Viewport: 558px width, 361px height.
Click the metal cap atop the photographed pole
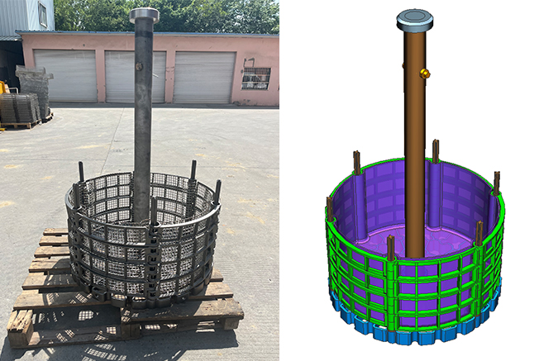(144, 14)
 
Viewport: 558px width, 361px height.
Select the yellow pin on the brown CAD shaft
(425, 74)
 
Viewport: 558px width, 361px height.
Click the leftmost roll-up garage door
(64, 75)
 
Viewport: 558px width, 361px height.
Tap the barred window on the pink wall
(255, 78)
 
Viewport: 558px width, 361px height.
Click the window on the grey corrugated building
(42, 14)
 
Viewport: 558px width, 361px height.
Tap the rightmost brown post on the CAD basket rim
(496, 183)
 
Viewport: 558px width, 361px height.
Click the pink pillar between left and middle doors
(101, 76)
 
